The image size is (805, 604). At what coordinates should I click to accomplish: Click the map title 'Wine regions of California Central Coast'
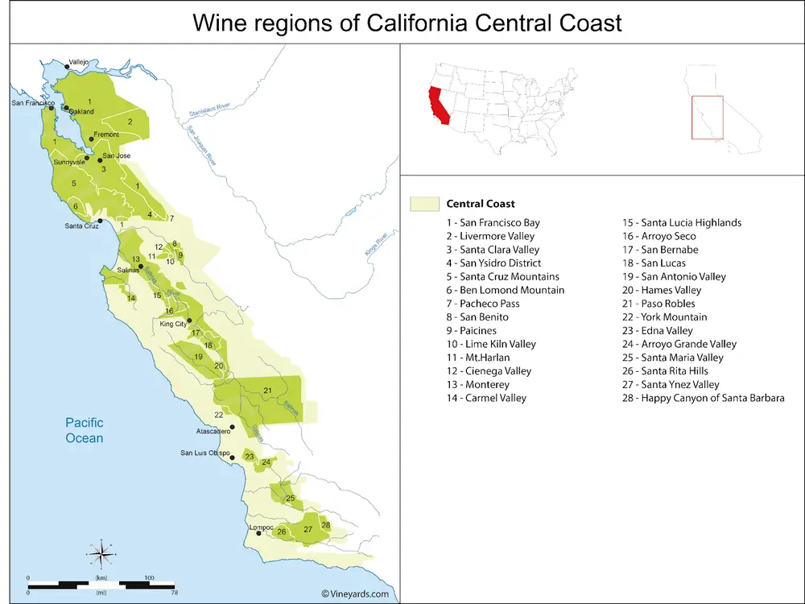point(407,22)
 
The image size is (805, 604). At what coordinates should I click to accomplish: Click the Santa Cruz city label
point(82,226)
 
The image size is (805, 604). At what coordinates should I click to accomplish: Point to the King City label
point(173,324)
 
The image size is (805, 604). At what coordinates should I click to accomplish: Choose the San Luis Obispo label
point(204,453)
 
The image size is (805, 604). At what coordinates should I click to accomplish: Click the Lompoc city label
point(262,527)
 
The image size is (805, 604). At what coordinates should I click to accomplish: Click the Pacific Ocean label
point(85,430)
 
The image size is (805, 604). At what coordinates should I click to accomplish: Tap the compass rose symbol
point(101,553)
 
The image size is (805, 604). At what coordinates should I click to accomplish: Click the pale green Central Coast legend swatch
point(423,204)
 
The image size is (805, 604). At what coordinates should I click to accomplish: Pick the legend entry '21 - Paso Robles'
point(672,304)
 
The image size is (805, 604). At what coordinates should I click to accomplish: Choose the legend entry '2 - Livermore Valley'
point(491,236)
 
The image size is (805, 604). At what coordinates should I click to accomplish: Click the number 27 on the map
point(308,529)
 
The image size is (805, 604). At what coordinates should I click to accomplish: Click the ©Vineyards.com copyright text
point(355,594)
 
